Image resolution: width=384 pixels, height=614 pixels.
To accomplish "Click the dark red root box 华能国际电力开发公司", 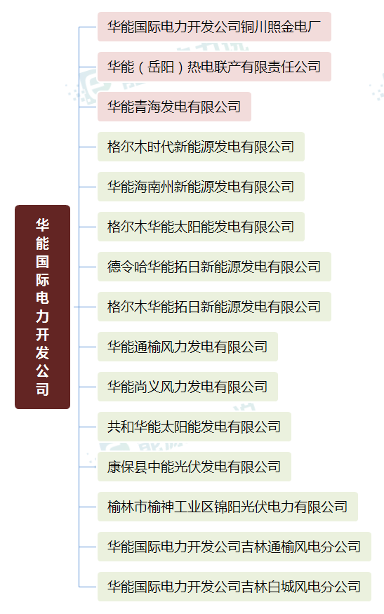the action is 42,307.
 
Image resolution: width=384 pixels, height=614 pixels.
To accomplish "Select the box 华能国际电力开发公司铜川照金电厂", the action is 214,27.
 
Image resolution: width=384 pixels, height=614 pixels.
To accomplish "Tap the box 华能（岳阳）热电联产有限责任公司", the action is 214,67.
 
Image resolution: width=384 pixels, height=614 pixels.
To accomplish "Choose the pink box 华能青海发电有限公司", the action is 174,107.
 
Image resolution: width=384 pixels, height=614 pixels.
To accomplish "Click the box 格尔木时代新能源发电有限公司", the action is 201,147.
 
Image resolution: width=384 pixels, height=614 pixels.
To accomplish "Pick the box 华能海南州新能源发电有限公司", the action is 201,187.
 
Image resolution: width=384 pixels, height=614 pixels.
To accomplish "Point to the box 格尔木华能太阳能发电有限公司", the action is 201,227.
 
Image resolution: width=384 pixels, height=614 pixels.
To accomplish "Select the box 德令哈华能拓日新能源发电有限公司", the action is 214,267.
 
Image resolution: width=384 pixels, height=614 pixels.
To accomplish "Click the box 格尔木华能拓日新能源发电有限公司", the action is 214,307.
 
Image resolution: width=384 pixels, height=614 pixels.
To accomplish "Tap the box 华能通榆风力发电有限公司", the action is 187,347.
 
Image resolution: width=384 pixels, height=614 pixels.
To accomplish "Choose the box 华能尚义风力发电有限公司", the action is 187,387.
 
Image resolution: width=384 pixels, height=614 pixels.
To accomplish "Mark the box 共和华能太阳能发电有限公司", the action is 194,427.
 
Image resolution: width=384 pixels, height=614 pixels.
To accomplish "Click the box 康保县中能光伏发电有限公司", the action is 194,467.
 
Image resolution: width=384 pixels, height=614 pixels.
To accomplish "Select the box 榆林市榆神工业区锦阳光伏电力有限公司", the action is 227,507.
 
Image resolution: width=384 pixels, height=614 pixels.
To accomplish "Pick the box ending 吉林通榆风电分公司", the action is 234,547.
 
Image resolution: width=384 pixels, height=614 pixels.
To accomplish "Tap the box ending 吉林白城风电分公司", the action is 234,587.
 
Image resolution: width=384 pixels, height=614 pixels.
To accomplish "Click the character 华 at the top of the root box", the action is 42,225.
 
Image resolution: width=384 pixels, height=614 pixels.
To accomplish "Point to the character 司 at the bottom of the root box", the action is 42,389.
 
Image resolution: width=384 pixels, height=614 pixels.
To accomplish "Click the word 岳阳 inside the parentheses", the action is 161,67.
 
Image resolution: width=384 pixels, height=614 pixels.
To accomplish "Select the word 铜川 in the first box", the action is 254,27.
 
